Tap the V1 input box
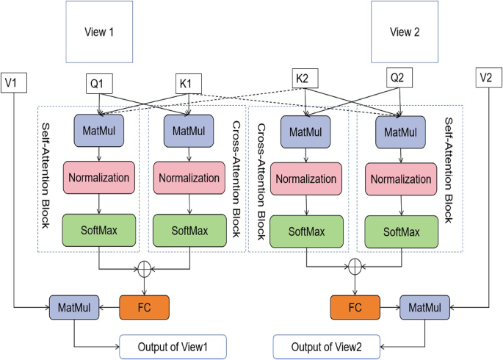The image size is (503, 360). coord(15,81)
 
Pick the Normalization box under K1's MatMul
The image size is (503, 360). coord(189,178)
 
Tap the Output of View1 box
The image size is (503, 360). coord(173,345)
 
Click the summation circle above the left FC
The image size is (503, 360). coord(145,270)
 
